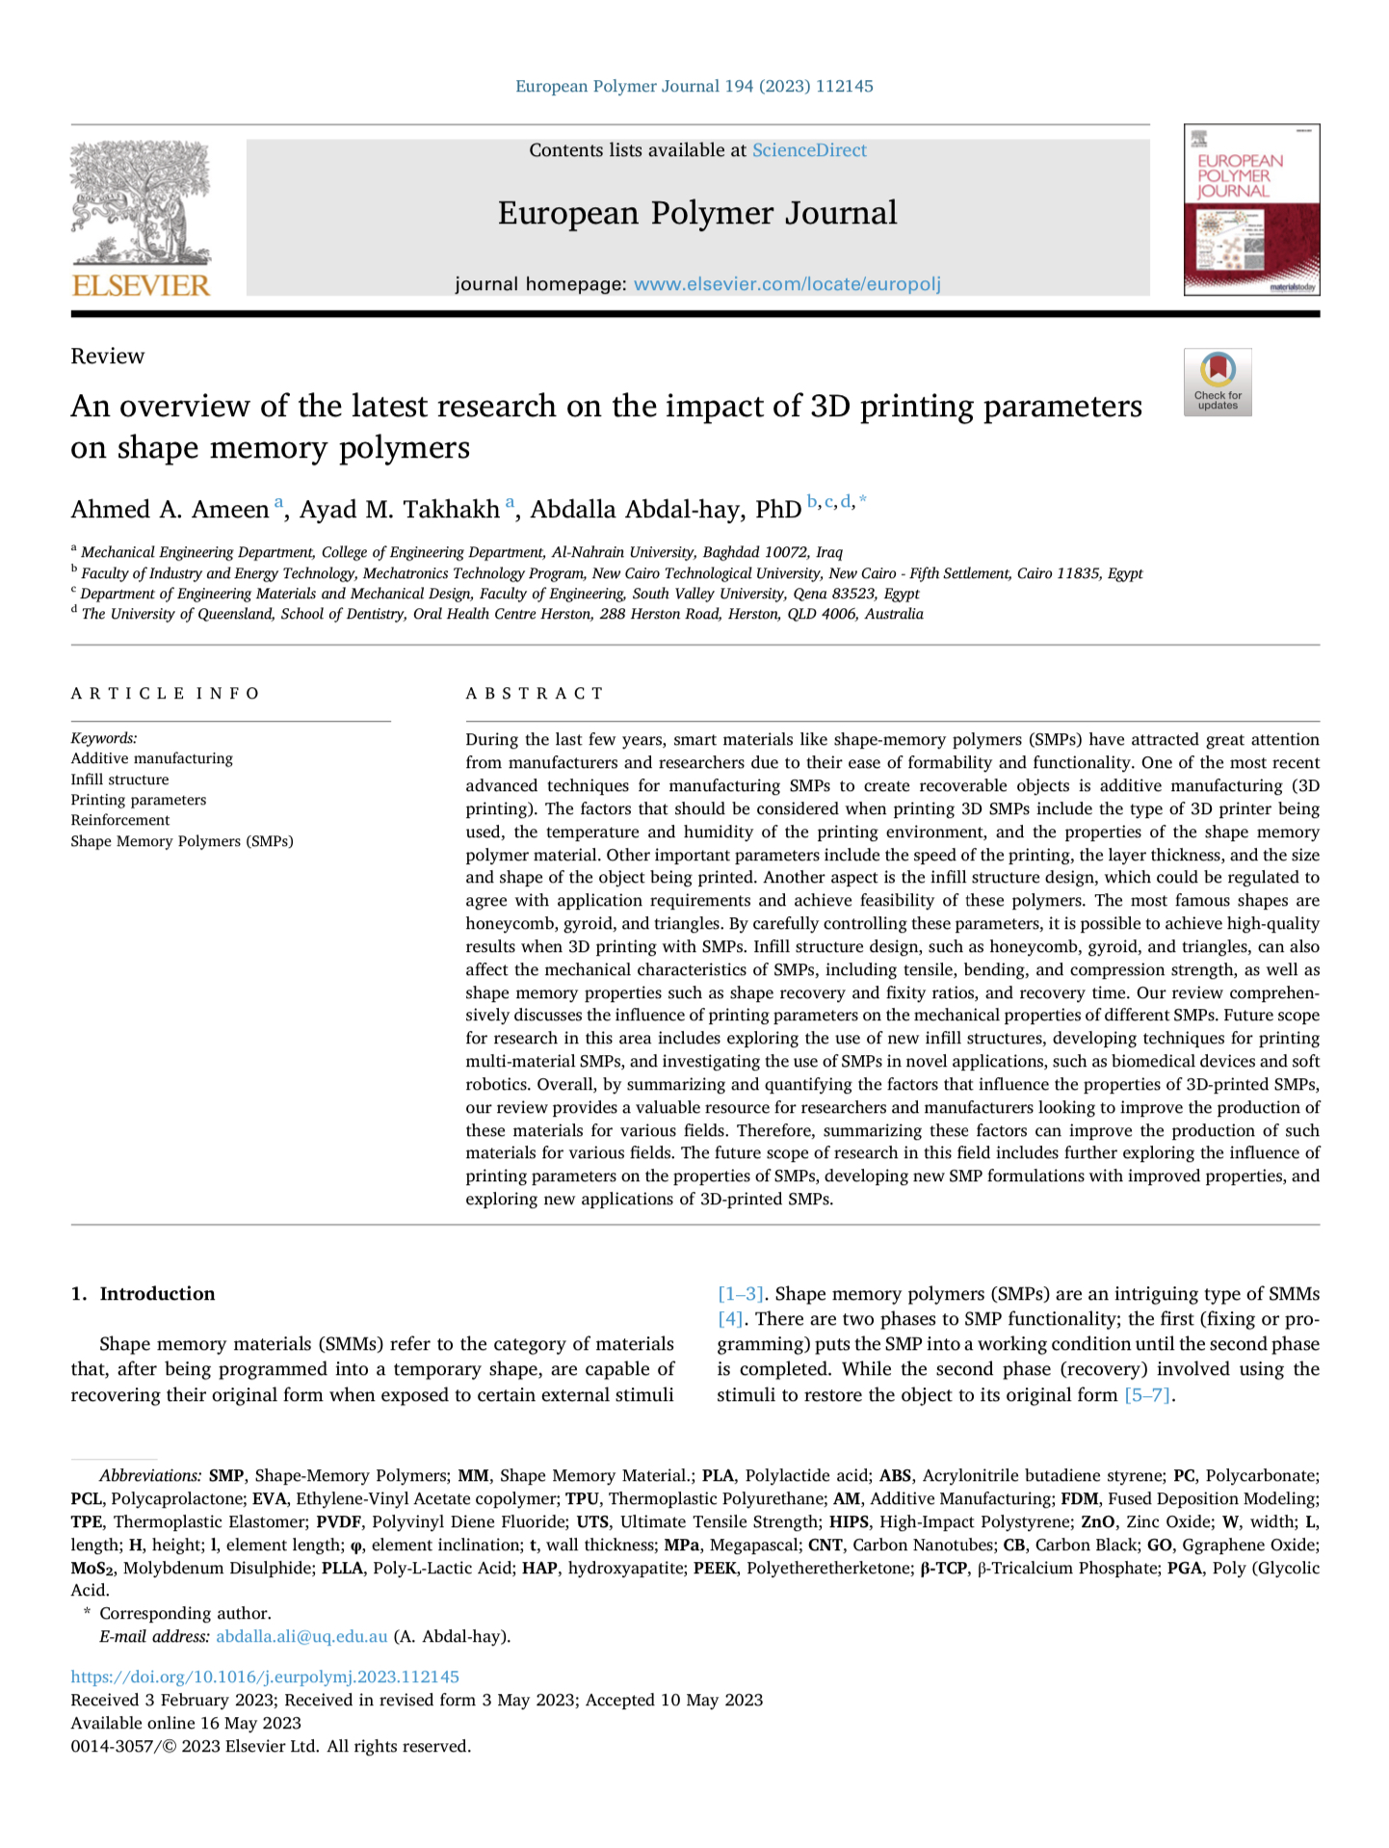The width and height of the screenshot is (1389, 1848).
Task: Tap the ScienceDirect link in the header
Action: (809, 150)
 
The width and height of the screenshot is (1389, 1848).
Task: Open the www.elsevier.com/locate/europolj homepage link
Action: (787, 284)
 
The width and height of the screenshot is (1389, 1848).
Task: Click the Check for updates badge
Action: (1218, 383)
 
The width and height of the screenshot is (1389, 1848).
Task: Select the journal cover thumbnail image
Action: (1251, 209)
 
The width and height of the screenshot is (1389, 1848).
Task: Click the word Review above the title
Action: (108, 356)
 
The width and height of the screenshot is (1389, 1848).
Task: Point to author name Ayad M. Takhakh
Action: (399, 510)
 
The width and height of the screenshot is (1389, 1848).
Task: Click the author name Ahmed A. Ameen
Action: (170, 510)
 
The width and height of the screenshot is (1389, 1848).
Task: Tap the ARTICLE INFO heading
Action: (165, 694)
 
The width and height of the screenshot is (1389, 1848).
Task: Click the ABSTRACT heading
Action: (535, 694)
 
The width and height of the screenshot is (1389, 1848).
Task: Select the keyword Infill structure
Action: (119, 779)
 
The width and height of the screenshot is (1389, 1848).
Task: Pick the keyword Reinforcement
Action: (120, 820)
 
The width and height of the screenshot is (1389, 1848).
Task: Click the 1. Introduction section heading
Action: (144, 1294)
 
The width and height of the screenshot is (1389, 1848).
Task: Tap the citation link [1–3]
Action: (741, 1294)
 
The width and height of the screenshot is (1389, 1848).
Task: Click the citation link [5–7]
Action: (1148, 1395)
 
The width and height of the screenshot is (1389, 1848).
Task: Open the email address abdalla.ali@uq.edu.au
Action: (301, 1636)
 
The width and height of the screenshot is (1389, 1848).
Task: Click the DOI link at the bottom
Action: (265, 1676)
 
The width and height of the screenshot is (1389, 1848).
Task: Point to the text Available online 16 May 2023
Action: (186, 1723)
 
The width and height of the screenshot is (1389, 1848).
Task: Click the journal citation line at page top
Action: (694, 87)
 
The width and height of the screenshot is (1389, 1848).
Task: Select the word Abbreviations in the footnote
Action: (150, 1476)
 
